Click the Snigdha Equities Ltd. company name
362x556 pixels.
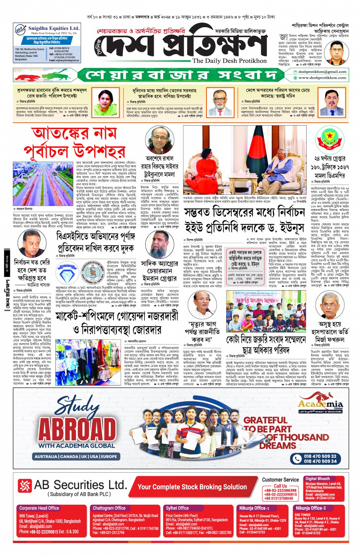click(54, 28)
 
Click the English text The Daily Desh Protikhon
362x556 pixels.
click(229, 61)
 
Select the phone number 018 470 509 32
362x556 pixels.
click(320, 456)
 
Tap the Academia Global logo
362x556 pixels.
click(321, 405)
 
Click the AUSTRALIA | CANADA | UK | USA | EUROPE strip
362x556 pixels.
click(75, 456)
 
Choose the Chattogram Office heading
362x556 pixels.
click(109, 508)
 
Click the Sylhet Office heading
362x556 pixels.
click(177, 508)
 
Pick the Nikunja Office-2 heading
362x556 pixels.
click(310, 508)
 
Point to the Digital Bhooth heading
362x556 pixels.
click(317, 479)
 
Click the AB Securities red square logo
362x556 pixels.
click(25, 486)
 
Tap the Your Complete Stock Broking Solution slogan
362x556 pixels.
click(192, 487)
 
